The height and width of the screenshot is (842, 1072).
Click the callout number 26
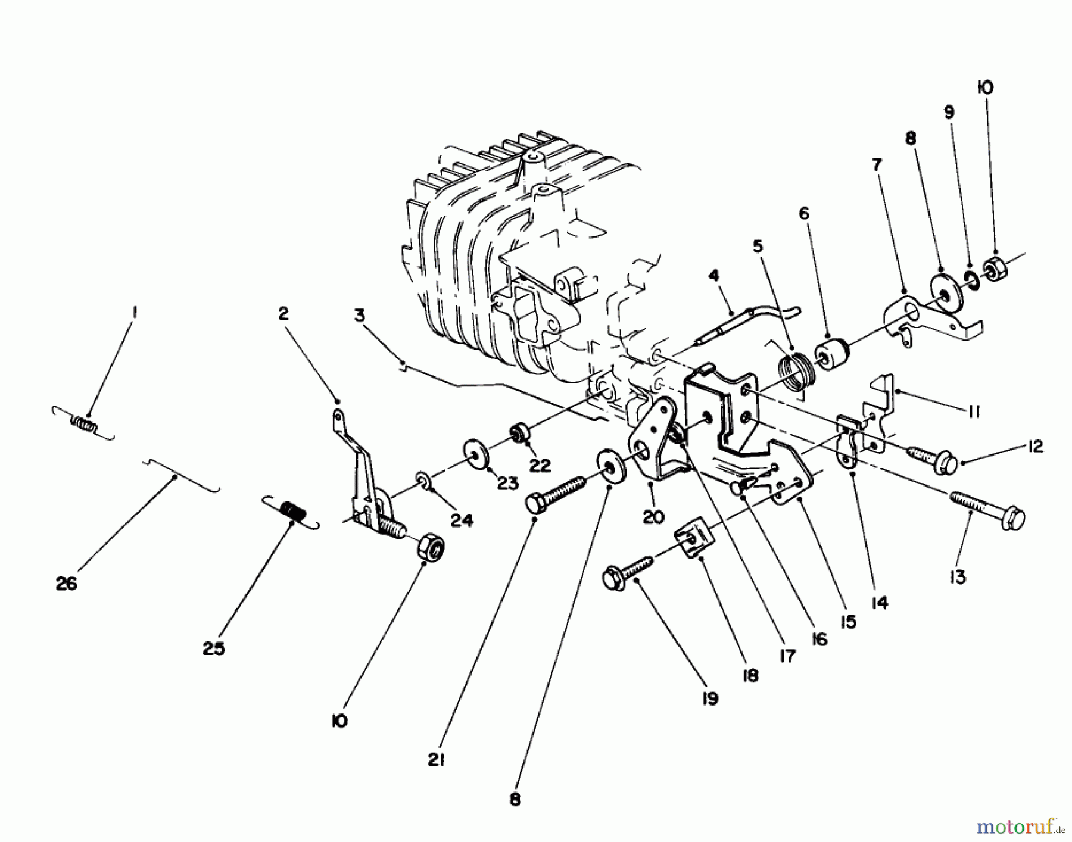point(66,584)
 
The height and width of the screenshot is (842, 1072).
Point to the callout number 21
point(437,760)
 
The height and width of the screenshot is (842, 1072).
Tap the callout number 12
point(1036,447)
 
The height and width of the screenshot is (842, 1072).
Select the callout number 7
point(877,164)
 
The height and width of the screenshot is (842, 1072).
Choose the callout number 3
point(359,316)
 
